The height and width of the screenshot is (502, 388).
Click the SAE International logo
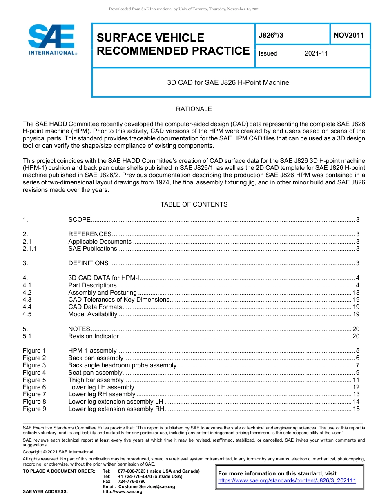tap(51, 40)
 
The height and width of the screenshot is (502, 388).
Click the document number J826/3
tap(271, 36)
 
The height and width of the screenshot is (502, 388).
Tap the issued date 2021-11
tap(316, 53)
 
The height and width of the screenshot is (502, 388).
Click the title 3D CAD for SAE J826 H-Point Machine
tap(228, 82)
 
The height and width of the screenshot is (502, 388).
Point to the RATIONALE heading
tap(194, 109)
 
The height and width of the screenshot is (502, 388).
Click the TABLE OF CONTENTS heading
tap(194, 204)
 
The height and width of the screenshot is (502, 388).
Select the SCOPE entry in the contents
tap(79, 220)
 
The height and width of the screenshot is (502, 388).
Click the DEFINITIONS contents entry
tap(88, 263)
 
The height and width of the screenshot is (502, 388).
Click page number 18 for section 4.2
tap(356, 293)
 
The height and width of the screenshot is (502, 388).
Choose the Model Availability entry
tap(93, 314)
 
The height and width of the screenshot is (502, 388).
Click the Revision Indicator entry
tap(93, 336)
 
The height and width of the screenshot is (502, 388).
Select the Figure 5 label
tap(34, 380)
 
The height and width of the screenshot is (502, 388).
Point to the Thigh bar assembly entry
tap(96, 380)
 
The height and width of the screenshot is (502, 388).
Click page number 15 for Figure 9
tap(356, 409)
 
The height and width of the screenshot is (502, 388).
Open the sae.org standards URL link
tap(287, 481)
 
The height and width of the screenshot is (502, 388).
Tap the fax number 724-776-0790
tap(132, 482)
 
